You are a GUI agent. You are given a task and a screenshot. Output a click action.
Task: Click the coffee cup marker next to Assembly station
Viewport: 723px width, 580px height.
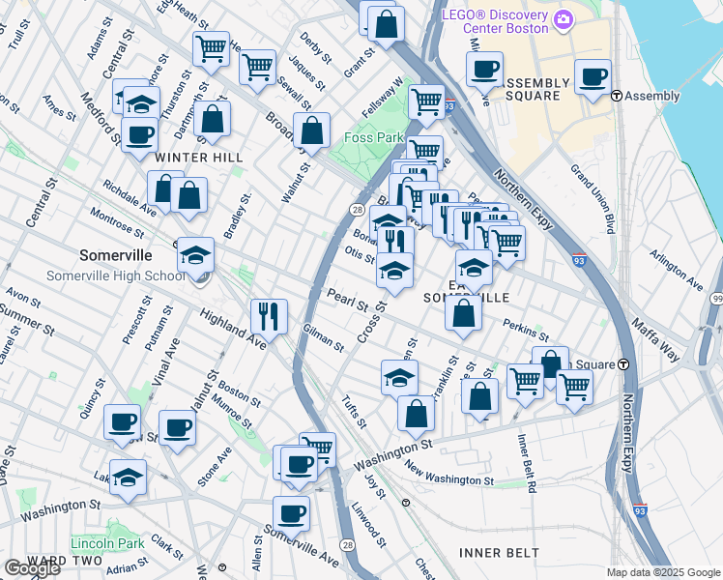pos(593,75)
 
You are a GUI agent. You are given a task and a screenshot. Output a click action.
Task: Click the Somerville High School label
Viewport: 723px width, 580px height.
pos(115,275)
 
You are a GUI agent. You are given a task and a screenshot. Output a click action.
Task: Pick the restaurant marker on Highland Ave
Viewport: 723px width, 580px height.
pos(268,315)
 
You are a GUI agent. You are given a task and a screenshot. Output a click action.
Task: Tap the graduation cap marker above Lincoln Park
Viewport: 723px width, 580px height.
pos(128,477)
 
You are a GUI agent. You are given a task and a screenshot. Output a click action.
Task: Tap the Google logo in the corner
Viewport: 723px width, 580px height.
pos(32,568)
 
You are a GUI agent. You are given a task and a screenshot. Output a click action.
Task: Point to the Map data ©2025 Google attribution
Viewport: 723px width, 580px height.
pos(662,572)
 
